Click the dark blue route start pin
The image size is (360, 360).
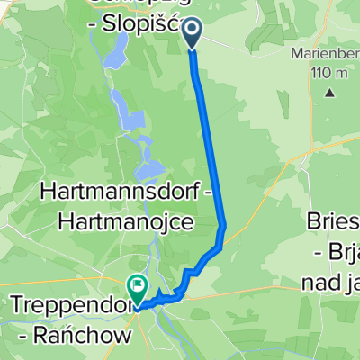(x=193, y=34)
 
